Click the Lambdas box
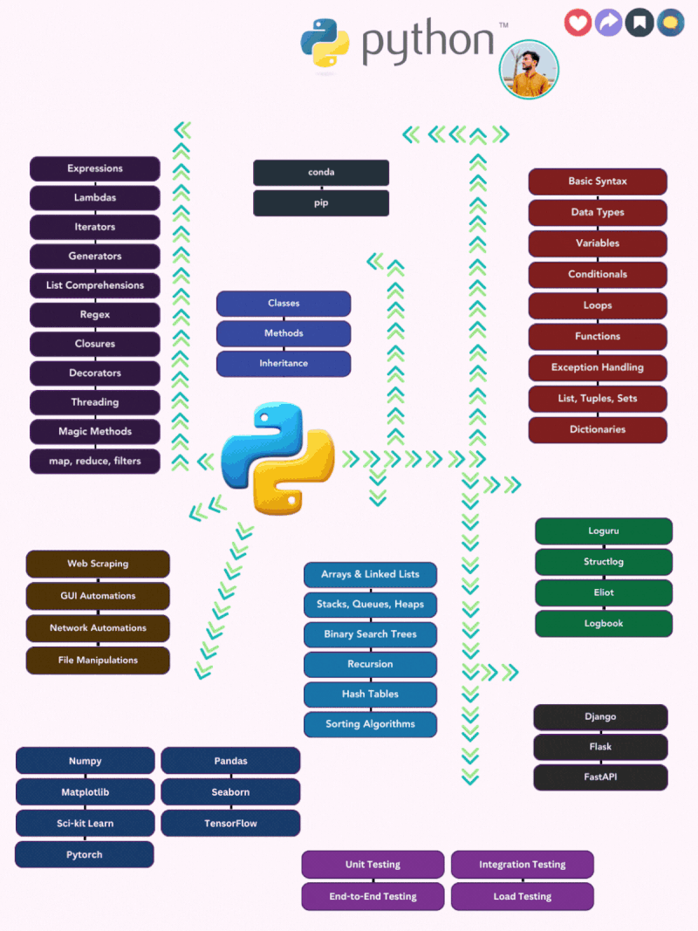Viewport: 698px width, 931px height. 95,198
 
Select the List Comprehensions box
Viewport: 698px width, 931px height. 95,285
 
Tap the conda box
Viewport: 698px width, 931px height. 321,173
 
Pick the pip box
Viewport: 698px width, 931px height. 321,203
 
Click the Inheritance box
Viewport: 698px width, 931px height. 284,363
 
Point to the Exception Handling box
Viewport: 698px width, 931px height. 598,367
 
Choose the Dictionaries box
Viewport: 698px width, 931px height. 598,429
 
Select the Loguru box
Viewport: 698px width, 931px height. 604,531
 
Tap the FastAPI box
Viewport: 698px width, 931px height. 600,777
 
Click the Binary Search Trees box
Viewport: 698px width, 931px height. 370,634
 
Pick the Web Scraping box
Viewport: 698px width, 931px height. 98,564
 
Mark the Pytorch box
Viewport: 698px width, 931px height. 85,855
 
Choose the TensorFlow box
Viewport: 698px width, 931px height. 230,823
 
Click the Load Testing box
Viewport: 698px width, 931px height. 522,896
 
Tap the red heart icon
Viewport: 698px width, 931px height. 578,23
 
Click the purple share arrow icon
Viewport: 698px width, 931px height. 608,23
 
